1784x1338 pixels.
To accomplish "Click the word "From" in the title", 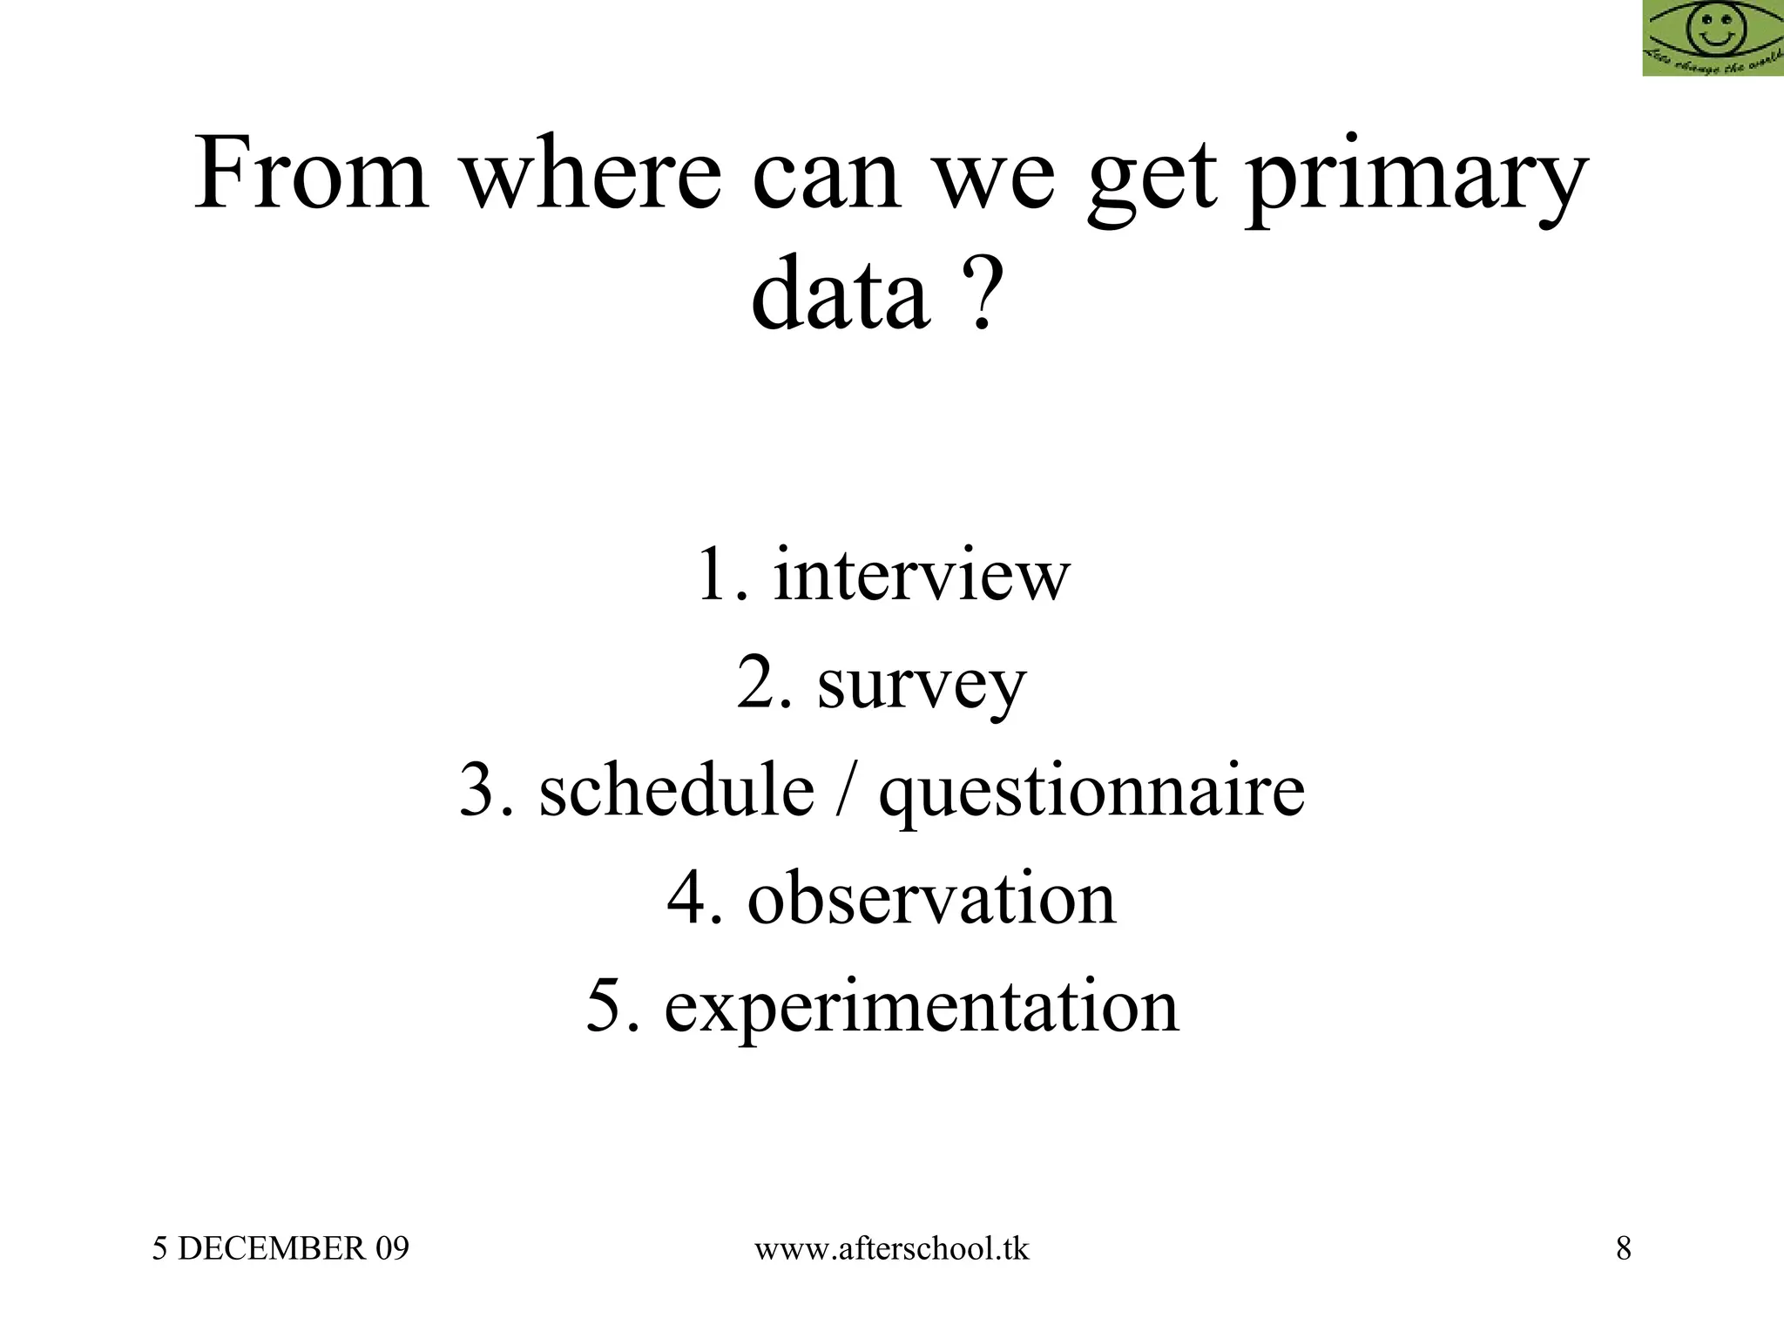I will click(311, 174).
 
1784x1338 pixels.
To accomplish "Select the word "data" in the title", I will click(840, 294).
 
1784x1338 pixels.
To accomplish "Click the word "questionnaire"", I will click(1091, 794).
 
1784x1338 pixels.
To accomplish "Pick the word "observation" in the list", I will click(931, 899).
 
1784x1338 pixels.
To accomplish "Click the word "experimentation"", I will click(922, 1009).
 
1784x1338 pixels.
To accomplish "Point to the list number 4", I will click(688, 899).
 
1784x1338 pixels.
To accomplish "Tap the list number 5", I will click(606, 1007).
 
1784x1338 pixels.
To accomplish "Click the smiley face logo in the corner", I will click(1713, 37).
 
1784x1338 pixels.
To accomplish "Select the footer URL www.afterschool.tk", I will click(891, 1249).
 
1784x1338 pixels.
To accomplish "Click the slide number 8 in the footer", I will click(1624, 1249).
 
